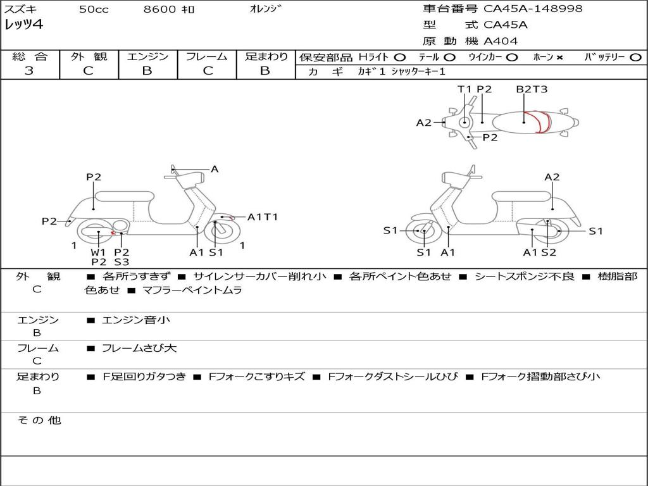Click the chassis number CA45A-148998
(533, 9)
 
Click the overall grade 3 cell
(29, 71)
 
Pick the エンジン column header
(147, 57)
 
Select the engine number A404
(501, 41)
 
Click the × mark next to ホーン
(559, 58)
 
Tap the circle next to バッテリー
(636, 58)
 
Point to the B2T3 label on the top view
(532, 89)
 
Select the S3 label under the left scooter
(121, 262)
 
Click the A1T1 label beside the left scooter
(262, 217)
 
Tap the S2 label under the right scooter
(548, 252)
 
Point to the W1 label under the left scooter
(98, 252)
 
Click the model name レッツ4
(23, 25)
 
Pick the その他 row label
(39, 420)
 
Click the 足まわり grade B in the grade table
(265, 71)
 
